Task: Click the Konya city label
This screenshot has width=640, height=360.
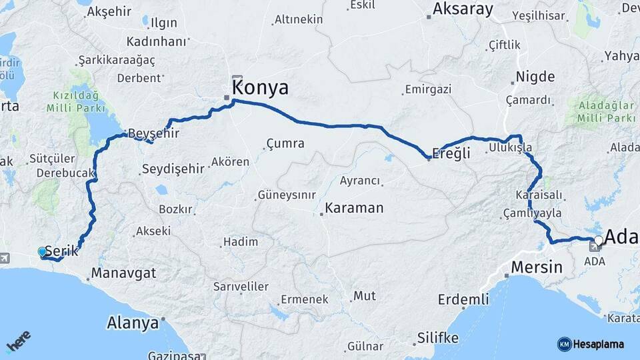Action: [260, 88]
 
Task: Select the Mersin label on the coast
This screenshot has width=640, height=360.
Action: [537, 268]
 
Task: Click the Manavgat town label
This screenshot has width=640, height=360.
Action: [123, 273]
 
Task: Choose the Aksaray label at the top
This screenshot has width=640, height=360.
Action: [463, 9]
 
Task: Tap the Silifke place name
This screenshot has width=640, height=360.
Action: [438, 338]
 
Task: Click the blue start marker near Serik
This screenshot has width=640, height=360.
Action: [42, 252]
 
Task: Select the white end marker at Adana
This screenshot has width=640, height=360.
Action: [599, 240]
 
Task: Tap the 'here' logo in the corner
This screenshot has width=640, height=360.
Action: [19, 341]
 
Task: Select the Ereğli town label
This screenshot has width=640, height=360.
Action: [451, 153]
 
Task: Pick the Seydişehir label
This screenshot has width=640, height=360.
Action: [173, 169]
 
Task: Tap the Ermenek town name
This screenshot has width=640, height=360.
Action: [304, 299]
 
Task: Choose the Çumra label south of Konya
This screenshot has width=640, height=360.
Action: [285, 143]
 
